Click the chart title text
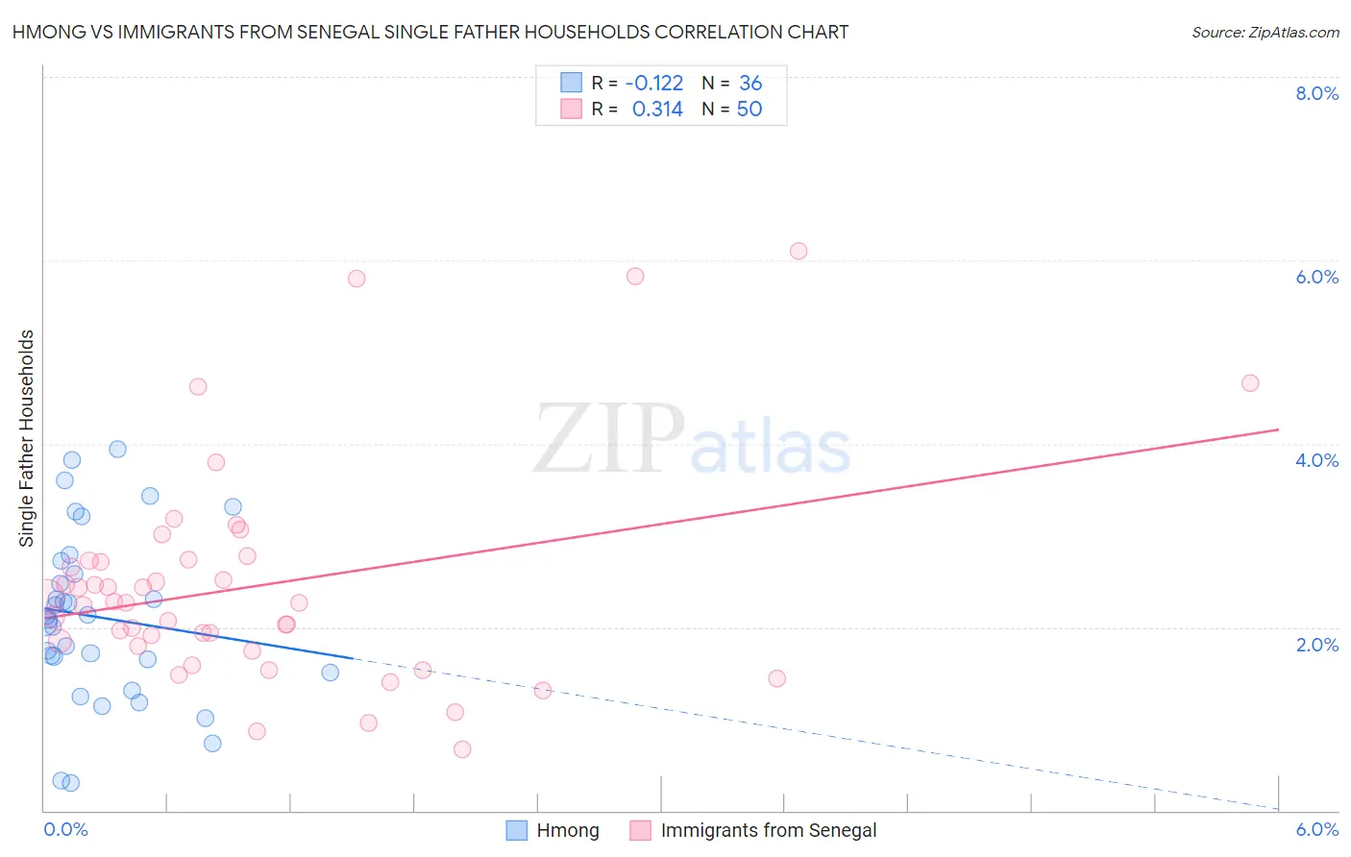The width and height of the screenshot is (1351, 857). [x=430, y=32]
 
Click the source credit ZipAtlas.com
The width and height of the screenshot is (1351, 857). [x=1265, y=32]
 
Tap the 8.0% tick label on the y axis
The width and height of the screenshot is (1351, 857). [x=1316, y=93]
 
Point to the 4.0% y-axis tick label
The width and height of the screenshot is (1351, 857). [x=1316, y=460]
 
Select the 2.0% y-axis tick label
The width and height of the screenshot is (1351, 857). [x=1316, y=645]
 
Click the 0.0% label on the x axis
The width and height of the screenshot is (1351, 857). [x=65, y=829]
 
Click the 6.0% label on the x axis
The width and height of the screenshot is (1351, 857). [x=1316, y=829]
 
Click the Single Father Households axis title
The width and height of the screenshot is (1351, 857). [x=27, y=438]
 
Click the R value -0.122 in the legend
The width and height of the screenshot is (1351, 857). [x=654, y=84]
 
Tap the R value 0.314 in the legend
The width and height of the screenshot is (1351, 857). [x=657, y=110]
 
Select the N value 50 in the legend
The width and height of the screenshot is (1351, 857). [x=749, y=110]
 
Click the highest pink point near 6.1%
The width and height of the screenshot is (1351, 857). [x=798, y=251]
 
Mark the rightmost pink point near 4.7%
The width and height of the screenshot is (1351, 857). [x=1250, y=383]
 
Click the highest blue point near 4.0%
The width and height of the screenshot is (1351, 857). [x=117, y=449]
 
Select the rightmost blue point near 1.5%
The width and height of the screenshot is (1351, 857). [x=331, y=673]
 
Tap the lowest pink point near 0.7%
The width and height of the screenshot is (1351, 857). [x=462, y=749]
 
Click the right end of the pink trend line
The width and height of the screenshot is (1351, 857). [x=1278, y=429]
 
